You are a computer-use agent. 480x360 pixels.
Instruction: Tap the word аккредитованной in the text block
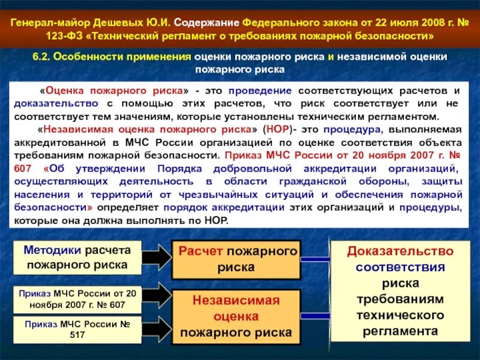tap(67, 142)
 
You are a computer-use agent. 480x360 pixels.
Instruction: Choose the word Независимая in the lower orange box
tap(236, 300)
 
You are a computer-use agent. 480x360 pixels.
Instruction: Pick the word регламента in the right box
tap(400, 331)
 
